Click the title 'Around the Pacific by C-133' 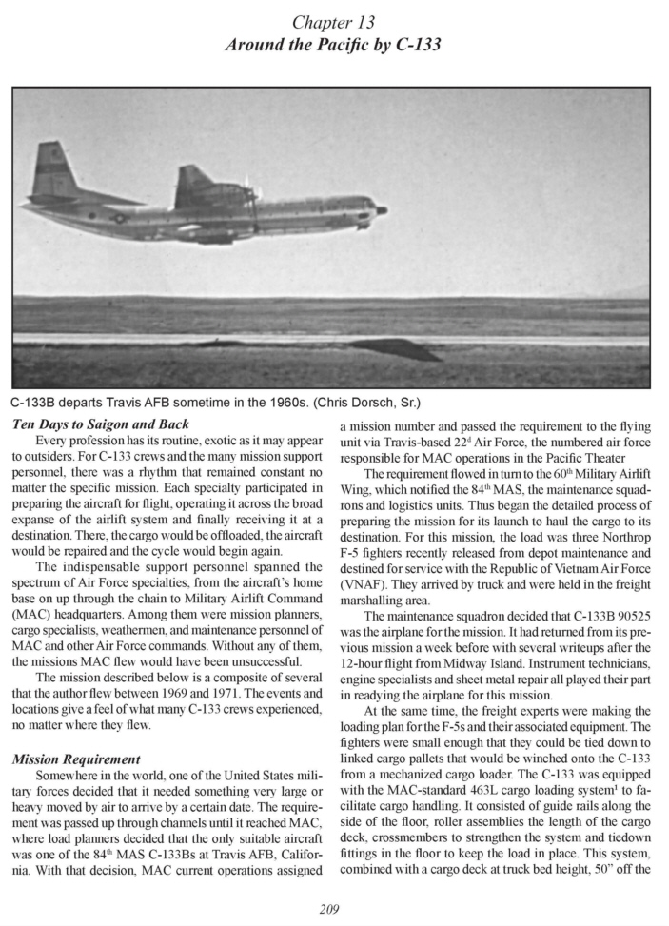333,43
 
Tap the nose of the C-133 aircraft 380,209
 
